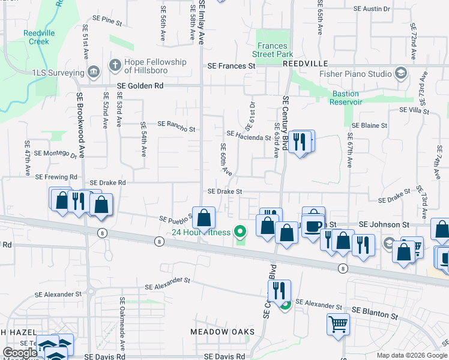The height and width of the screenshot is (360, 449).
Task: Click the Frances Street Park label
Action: click(271, 50)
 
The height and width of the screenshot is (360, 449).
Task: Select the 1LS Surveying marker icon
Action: click(93, 73)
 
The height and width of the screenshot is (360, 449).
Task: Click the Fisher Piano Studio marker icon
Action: click(401, 74)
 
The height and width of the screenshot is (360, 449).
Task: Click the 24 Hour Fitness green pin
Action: click(241, 230)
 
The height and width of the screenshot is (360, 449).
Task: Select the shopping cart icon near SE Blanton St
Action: click(339, 324)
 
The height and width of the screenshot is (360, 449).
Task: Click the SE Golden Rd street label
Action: click(140, 86)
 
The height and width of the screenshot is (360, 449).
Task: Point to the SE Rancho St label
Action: click(176, 127)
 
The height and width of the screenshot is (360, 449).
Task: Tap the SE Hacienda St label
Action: click(249, 136)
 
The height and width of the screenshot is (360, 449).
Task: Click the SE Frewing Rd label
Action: click(56, 177)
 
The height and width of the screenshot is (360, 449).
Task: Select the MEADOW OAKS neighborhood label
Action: click(222, 332)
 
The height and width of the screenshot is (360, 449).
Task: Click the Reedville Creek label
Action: click(35, 37)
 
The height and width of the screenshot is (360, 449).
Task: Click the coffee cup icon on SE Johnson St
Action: click(313, 226)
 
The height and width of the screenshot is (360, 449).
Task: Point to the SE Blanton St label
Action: click(375, 311)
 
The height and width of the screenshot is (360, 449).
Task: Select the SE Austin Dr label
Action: click(372, 9)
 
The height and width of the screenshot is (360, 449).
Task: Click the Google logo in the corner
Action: click(19, 353)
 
